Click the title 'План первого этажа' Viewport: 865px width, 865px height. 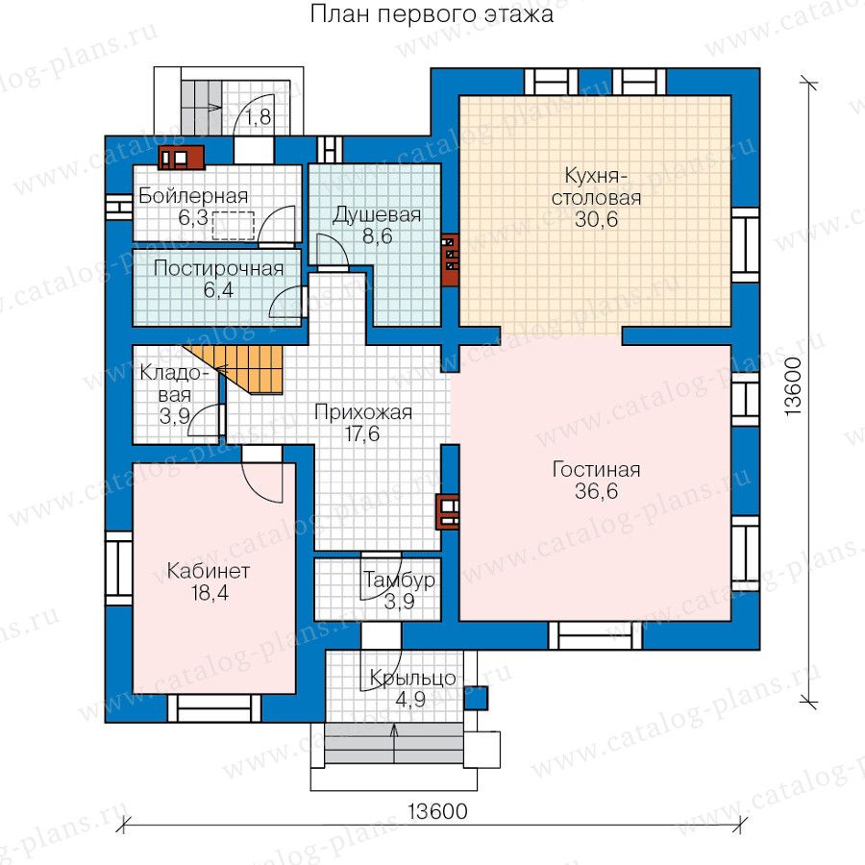pos(432,14)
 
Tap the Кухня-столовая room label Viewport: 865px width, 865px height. pos(596,186)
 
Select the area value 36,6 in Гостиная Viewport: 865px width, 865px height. pos(596,490)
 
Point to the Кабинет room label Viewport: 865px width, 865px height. pos(209,570)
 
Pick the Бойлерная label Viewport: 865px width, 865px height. pos(193,196)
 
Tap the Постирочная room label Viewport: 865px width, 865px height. pos(218,269)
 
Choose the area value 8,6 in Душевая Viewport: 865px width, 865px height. pos(378,236)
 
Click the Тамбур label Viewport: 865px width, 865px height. pos(399,580)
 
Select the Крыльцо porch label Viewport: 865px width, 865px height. pos(412,678)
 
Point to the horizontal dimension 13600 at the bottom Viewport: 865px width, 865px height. pos(437,811)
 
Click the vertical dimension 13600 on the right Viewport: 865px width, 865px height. pos(792,386)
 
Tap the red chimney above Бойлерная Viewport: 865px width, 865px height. pos(182,158)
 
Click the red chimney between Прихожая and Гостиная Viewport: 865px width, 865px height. pos(448,511)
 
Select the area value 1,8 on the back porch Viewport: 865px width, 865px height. pos(259,117)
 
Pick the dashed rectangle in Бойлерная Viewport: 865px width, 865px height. pos(233,226)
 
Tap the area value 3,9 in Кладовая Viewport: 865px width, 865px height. pos(175,416)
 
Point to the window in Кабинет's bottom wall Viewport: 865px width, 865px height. pos(214,708)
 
